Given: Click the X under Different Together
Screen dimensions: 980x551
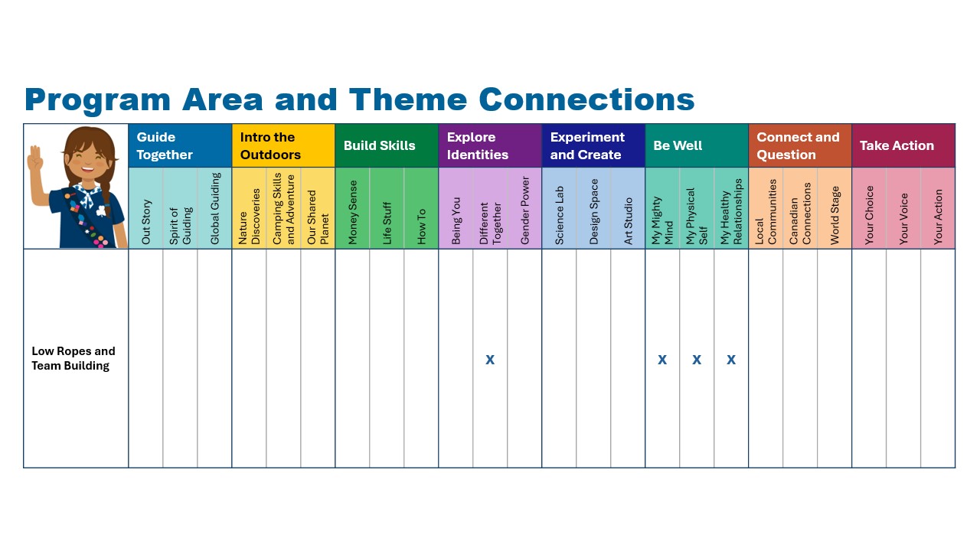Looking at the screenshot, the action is point(490,360).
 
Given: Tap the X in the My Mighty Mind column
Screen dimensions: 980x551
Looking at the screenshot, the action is point(662,360).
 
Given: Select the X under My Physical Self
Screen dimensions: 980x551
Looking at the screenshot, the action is point(697,360).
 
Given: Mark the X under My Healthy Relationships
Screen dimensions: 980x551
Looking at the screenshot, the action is point(731,360).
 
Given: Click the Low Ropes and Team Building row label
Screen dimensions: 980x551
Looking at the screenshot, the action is point(73,358).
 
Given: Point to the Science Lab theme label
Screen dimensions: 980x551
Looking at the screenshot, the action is point(559,215).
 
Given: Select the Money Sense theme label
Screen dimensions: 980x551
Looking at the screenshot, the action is point(353,212).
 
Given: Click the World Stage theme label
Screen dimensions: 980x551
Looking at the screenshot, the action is point(835,215).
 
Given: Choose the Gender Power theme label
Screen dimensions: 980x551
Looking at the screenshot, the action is point(524,210).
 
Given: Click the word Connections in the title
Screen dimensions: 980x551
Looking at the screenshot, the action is point(586,99).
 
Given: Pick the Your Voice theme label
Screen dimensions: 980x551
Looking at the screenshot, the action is point(903,219).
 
